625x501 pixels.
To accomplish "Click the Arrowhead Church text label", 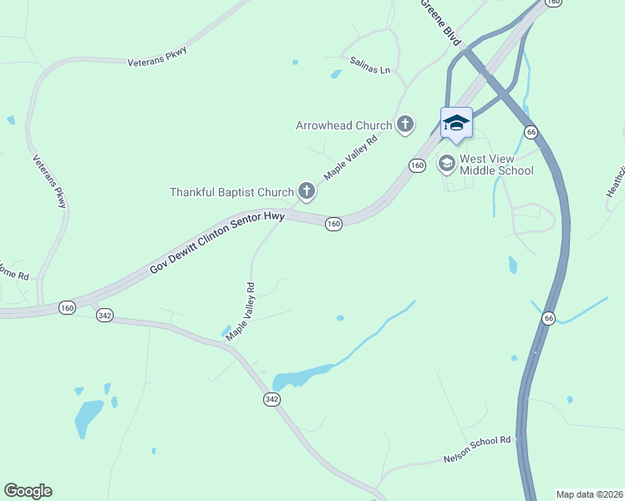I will [x=343, y=125].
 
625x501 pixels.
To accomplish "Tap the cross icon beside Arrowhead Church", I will [x=405, y=125].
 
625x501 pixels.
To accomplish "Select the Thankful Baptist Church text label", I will [x=231, y=192].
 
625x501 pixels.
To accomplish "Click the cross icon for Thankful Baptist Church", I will [x=307, y=192].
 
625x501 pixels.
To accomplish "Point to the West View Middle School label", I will [x=496, y=164].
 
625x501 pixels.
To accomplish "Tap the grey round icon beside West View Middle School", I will [x=446, y=164].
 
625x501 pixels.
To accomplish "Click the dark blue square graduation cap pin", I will [x=456, y=124].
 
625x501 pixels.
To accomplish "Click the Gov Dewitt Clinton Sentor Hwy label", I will [x=217, y=243].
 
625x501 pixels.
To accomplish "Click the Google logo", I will [x=28, y=491].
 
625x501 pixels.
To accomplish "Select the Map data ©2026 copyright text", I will [x=589, y=493].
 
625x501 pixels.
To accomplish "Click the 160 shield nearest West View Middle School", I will [x=417, y=165].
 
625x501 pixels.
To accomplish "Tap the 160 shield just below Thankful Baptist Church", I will [x=333, y=224].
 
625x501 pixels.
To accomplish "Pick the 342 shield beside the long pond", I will [x=272, y=399].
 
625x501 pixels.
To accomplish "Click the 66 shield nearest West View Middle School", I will [x=531, y=132].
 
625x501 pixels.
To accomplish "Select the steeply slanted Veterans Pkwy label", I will [x=49, y=181].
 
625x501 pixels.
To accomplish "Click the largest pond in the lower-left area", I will [x=87, y=416].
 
